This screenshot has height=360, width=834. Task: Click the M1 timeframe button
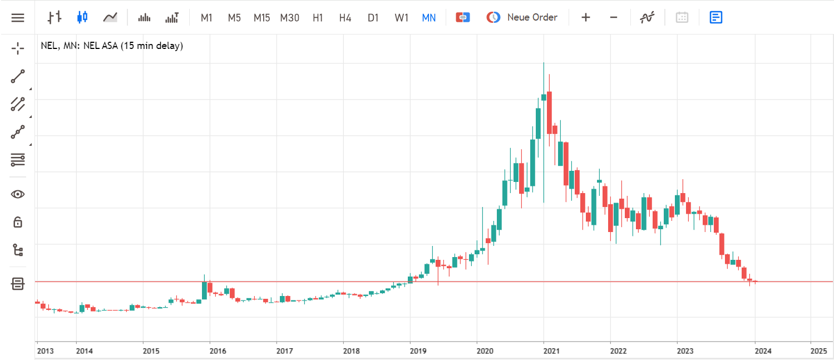coord(206,17)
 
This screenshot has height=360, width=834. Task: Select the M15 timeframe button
coord(261,17)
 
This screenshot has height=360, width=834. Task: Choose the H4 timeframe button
coord(345,17)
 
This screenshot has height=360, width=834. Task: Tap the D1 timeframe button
coord(373,17)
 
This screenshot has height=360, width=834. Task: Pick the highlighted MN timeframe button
coord(428,17)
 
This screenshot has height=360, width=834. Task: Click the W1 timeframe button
coord(401,17)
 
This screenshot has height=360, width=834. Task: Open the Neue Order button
coord(522,17)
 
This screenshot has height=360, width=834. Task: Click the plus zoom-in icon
coord(586,17)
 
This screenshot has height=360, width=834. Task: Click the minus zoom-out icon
coord(614,17)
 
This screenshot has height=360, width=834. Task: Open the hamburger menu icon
coord(18,17)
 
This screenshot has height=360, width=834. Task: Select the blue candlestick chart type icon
coord(82,17)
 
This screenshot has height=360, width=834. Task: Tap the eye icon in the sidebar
coord(18,194)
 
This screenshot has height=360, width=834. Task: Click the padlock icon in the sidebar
coord(18,222)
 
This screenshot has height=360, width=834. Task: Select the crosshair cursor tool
coord(18,48)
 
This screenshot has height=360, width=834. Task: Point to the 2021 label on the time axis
coord(551,351)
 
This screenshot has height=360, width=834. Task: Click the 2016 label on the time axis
coord(218,351)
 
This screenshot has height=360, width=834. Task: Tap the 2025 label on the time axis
coord(819,351)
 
